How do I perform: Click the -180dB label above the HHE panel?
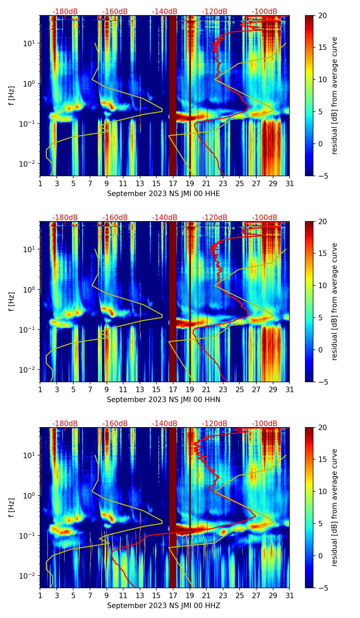coord(65,12)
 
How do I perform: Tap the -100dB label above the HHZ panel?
coord(265,424)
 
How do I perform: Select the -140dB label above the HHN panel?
coord(165,218)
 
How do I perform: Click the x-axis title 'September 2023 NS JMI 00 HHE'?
coord(164,194)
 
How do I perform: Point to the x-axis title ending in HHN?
coord(164,400)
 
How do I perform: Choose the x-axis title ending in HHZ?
coord(164,606)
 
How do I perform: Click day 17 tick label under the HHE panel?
coord(173,184)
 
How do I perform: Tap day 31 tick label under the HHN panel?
coord(290,390)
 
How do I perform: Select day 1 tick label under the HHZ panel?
coord(40,596)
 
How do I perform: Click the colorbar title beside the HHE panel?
coord(335,95)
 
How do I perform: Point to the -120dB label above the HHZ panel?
coord(215,424)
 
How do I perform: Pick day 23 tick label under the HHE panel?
coord(223,184)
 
